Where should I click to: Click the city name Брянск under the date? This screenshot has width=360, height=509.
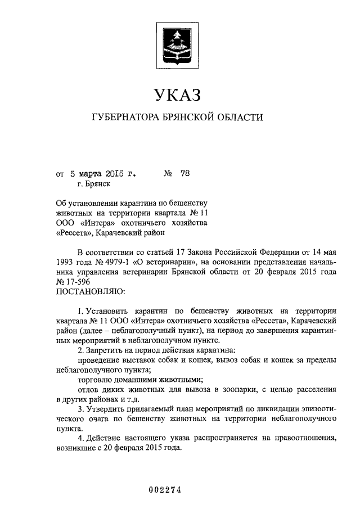coord(98,183)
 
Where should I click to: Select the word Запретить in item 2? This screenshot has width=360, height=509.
coord(105,350)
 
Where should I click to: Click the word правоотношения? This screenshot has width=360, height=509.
coord(307,439)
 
